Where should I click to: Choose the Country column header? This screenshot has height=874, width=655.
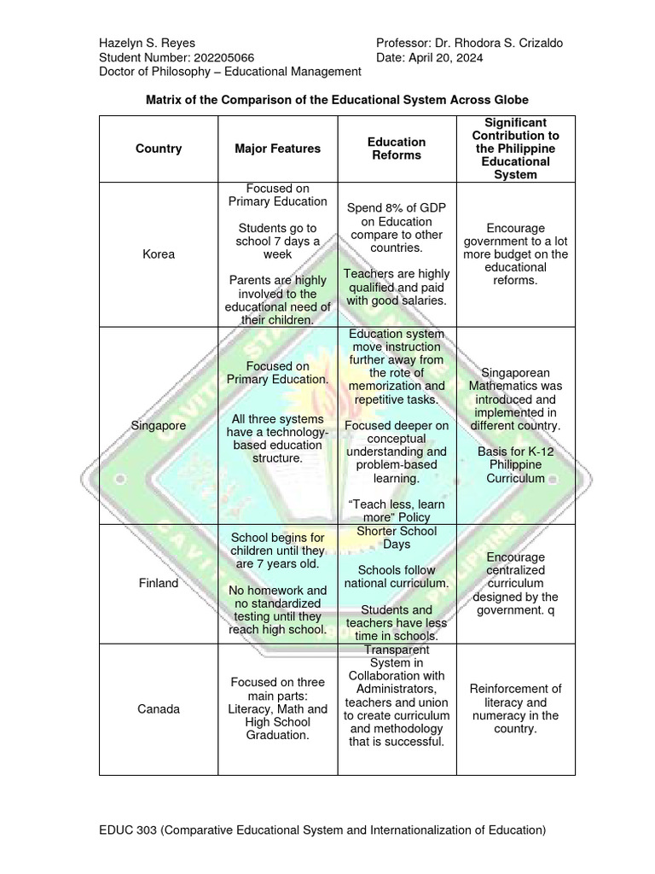159,149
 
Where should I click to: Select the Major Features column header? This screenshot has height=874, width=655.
277,149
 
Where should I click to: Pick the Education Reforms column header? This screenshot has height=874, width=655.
397,149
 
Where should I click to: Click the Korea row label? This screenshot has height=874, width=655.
159,254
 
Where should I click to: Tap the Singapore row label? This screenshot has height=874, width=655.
159,425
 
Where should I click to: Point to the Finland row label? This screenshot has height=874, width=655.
159,583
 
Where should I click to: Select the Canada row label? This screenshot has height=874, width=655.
159,709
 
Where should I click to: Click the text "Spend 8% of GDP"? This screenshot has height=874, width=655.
397,208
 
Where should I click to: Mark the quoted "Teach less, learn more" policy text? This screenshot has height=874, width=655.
397,511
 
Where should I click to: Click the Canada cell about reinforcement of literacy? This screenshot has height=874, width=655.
515,709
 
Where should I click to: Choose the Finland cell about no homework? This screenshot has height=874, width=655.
277,609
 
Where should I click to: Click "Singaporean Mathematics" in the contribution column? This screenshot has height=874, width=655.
515,380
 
